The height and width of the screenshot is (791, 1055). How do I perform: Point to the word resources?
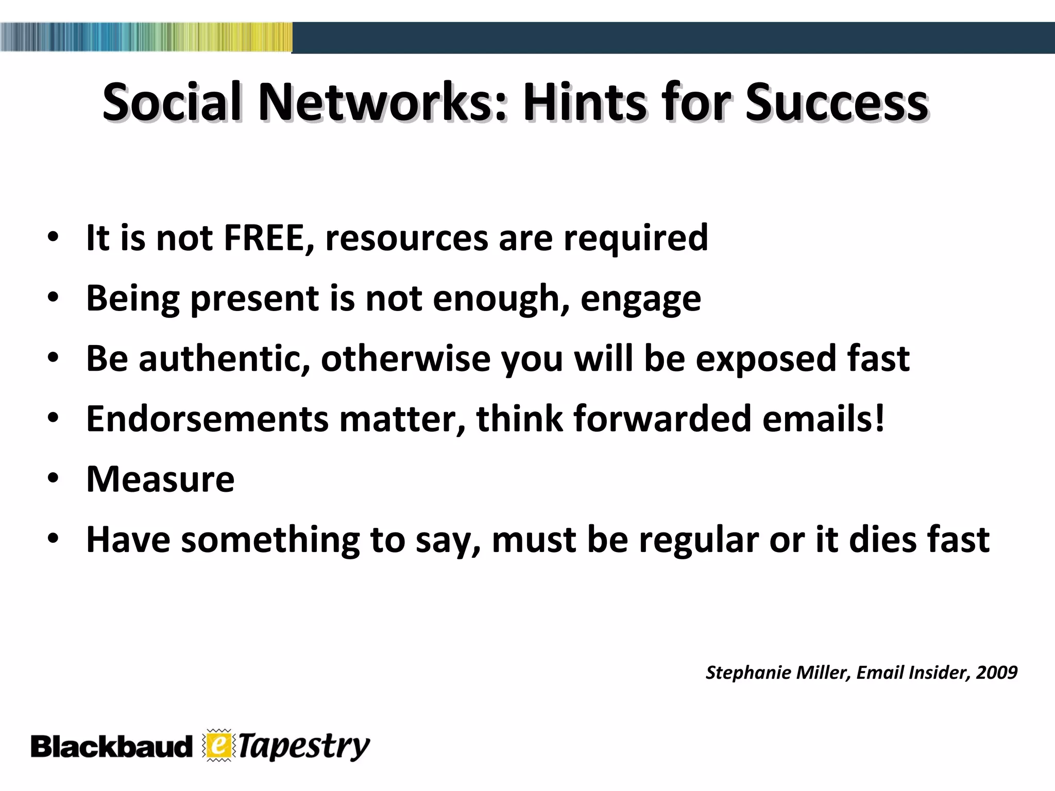click(x=406, y=238)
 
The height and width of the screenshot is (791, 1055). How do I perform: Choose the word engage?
click(x=640, y=299)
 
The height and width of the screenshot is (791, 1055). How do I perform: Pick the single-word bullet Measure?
click(x=160, y=479)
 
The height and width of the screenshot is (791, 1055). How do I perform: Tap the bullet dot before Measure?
click(x=53, y=479)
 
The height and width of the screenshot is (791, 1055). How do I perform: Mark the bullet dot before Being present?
click(x=53, y=298)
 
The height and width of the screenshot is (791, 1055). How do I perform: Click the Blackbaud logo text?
click(x=111, y=747)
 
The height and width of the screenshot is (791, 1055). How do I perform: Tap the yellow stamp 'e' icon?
click(x=218, y=745)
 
